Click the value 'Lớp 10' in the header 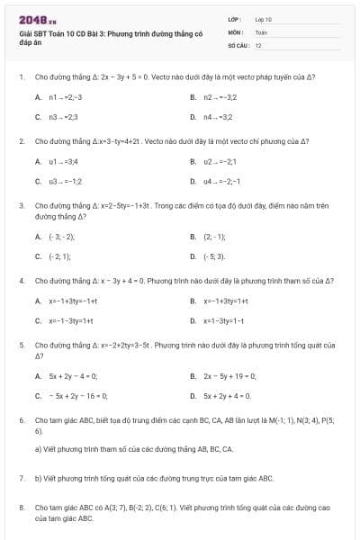coord(263,19)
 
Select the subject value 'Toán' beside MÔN coord(261,31)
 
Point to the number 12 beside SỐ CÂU coord(258,44)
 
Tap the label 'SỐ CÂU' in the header coord(237,44)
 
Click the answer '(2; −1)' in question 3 coord(214,237)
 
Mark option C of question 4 coord(67,320)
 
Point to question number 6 coord(21,420)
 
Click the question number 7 coord(21,478)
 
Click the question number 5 coord(21,345)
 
